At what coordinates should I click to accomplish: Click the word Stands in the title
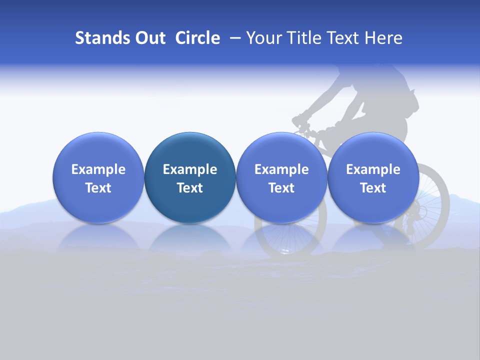[x=102, y=38]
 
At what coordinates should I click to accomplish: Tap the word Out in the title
[x=149, y=38]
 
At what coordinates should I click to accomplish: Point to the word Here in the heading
[x=383, y=38]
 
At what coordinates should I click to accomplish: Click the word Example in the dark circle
[x=190, y=169]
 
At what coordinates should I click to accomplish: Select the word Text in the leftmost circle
[x=98, y=188]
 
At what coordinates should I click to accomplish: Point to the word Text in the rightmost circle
[x=373, y=188]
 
